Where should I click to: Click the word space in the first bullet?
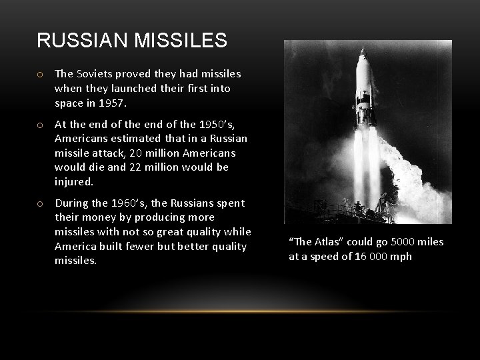click(69, 103)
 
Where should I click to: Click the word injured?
click(73, 182)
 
